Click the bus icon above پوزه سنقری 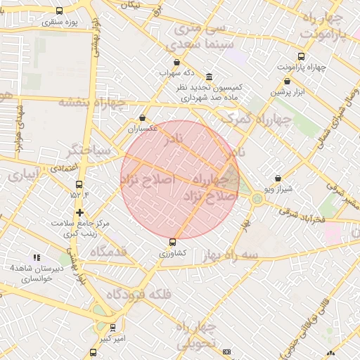tap(58, 11)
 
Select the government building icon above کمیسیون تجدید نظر tap(209, 77)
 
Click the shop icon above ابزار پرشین tap(285, 81)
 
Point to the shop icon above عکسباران tap(143, 117)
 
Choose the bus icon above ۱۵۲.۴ tap(79, 185)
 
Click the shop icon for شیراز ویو tap(278, 179)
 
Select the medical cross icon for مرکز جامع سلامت tap(79, 212)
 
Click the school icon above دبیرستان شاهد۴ tap(36, 257)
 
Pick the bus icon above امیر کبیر tap(112, 327)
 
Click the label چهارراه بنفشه tap(91, 103)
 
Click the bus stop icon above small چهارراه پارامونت tap(302, 56)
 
